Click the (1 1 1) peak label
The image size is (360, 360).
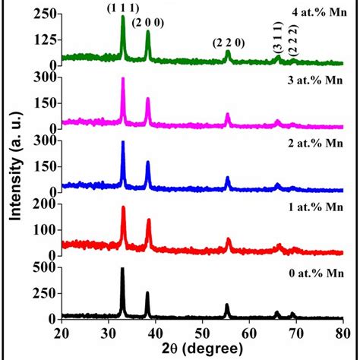point(122,8)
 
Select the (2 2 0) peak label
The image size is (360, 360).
point(229,43)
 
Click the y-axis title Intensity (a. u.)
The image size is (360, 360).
point(14,171)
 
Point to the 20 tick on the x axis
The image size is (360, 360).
point(62,331)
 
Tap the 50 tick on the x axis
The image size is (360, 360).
point(202,331)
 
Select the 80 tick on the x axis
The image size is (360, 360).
point(342,331)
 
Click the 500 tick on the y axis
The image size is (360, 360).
point(44,267)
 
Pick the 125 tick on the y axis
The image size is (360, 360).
point(44,39)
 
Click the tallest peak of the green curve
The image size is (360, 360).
point(122,17)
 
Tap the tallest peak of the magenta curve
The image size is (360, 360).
point(122,79)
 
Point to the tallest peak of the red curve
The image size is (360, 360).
point(123,207)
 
